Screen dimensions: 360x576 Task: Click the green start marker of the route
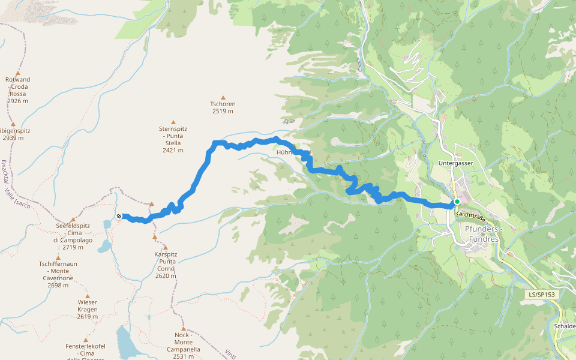coord(457,202)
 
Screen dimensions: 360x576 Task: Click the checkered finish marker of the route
coord(119,216)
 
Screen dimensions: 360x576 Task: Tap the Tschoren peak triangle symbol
coord(223,97)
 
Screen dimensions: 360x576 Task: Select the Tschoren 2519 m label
coord(223,107)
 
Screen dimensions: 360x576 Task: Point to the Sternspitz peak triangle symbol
coord(173,122)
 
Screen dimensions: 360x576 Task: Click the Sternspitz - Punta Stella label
coord(173,139)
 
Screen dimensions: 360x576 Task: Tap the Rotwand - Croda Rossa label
coord(18,90)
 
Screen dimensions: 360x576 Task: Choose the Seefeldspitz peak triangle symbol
coord(73,220)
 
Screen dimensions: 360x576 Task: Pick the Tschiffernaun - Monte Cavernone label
coord(58,274)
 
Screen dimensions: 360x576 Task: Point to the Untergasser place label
coord(456,163)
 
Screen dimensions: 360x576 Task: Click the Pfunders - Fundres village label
coord(482,234)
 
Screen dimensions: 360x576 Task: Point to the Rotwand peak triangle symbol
coord(17,73)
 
